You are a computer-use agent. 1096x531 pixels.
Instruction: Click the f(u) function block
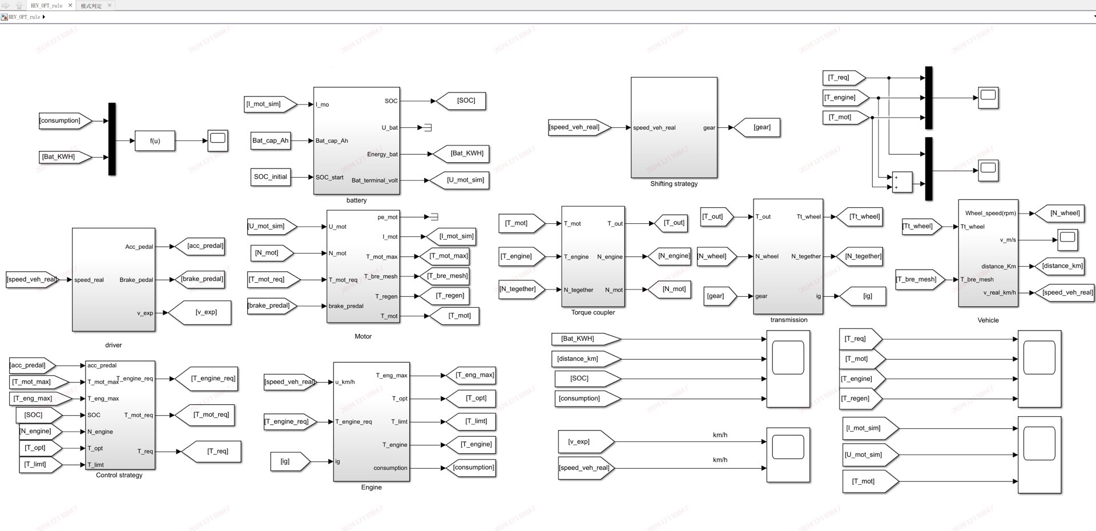(x=155, y=140)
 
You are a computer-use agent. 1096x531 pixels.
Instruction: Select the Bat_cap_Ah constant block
(x=271, y=140)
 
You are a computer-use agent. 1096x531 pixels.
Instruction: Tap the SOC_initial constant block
(x=271, y=177)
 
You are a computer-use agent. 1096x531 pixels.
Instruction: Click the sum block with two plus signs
(x=902, y=182)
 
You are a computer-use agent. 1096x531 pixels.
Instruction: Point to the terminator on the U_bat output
(x=428, y=127)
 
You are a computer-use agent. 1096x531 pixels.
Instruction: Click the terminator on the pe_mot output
(x=434, y=217)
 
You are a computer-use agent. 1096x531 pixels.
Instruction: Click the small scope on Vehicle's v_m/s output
(x=1067, y=239)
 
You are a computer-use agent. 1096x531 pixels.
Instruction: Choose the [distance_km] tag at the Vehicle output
(x=1062, y=265)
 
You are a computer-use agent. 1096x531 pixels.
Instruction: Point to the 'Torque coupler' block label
(x=593, y=312)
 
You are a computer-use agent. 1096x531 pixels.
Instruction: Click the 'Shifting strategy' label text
(x=674, y=184)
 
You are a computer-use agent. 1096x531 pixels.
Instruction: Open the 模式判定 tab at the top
(x=91, y=6)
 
